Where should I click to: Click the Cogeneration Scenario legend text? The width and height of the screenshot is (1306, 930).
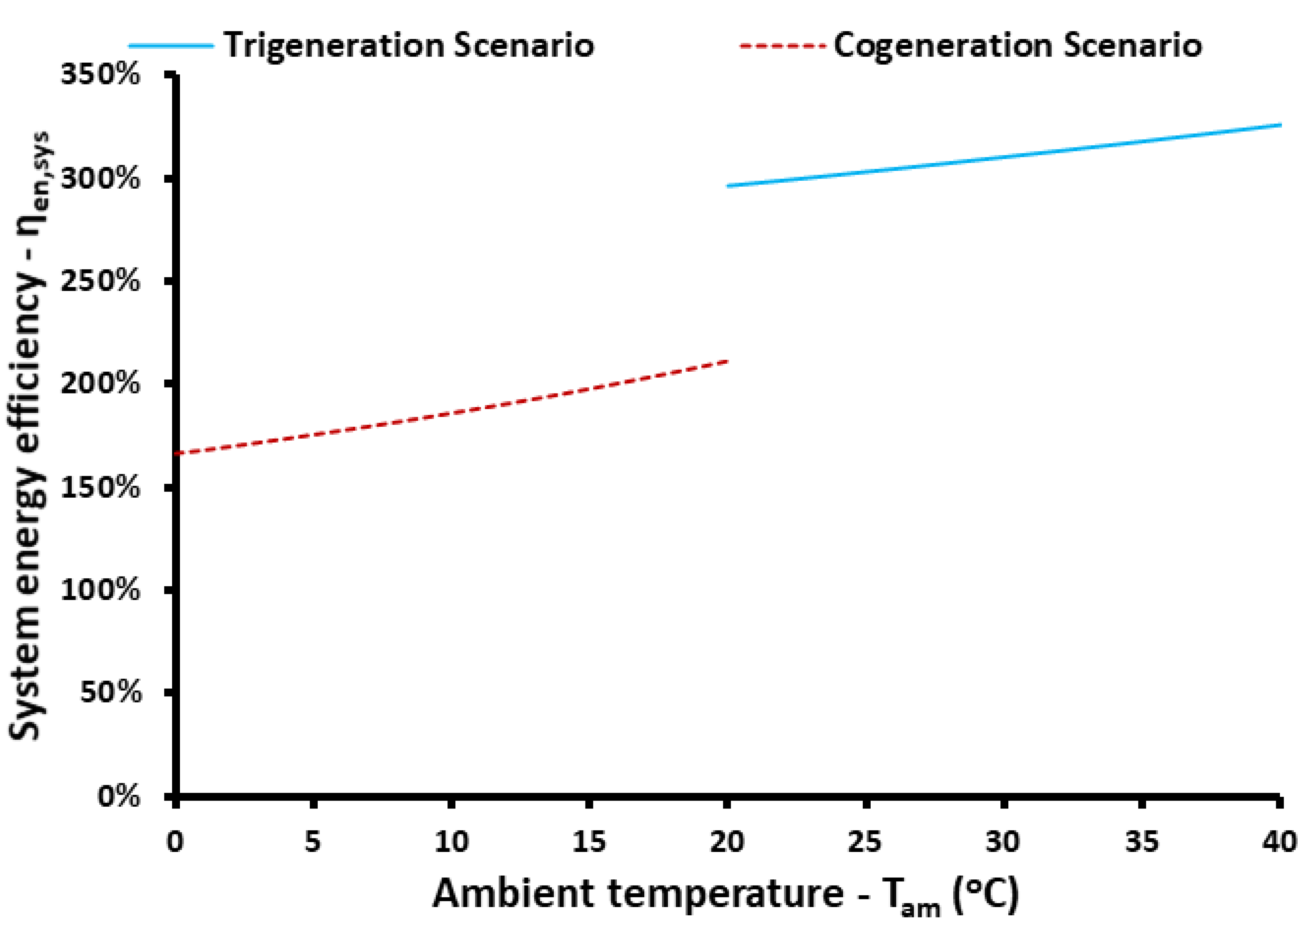[x=1017, y=46]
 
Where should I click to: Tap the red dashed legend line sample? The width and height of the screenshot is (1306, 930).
[x=783, y=46]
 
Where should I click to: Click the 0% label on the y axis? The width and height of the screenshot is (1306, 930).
[x=118, y=796]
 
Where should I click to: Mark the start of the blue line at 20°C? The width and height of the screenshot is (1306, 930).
[x=728, y=186]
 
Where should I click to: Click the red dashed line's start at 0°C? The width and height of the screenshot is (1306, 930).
[x=176, y=453]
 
